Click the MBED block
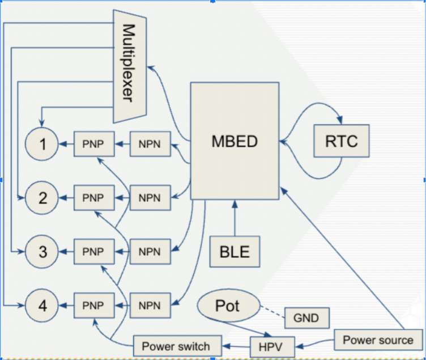(235, 141)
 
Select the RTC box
(342, 141)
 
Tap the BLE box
(235, 251)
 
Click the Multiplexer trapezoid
(129, 65)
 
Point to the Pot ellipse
(227, 306)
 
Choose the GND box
(306, 317)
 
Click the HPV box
(272, 345)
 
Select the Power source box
(378, 340)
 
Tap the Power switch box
(176, 345)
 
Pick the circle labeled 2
(42, 198)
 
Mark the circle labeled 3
(42, 251)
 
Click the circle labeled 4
(42, 306)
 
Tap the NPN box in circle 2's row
(150, 198)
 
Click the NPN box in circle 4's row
(150, 306)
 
